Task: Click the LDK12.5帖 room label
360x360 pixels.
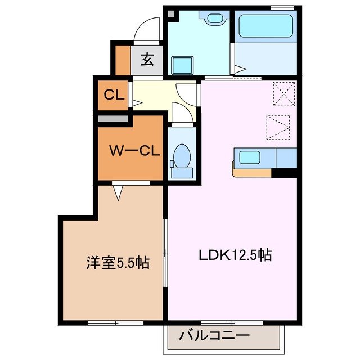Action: point(235,255)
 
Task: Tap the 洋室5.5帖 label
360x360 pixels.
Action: point(118,263)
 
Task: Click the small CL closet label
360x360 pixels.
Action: point(114,94)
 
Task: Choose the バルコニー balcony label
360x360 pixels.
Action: point(214,336)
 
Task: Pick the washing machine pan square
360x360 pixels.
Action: point(182,65)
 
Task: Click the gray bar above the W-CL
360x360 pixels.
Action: point(113,119)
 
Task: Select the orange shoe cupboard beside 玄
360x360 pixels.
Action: point(123,59)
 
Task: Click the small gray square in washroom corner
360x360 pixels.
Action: point(171,13)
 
